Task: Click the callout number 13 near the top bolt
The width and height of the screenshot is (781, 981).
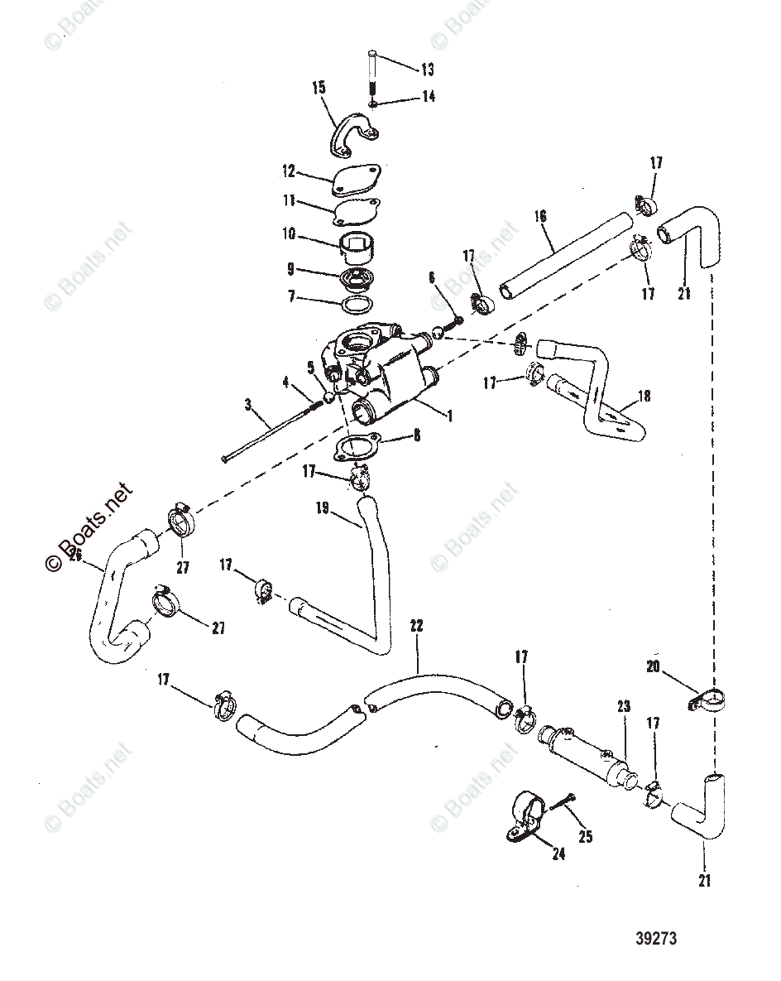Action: click(x=428, y=70)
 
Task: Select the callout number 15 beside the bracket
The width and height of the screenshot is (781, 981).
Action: click(x=319, y=87)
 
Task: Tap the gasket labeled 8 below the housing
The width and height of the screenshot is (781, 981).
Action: click(x=356, y=448)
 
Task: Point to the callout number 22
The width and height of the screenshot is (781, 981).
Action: click(x=415, y=626)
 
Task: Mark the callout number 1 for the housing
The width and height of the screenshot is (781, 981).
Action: click(x=450, y=416)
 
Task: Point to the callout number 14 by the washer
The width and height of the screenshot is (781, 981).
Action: click(x=428, y=96)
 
